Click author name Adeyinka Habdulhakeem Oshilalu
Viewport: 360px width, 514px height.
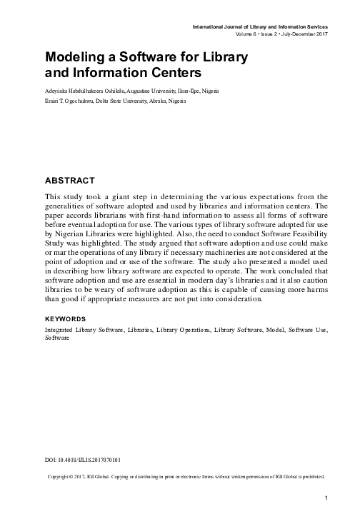[89, 92]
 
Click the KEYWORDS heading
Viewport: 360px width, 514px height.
[66, 317]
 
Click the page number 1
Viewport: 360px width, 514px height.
[325, 497]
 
